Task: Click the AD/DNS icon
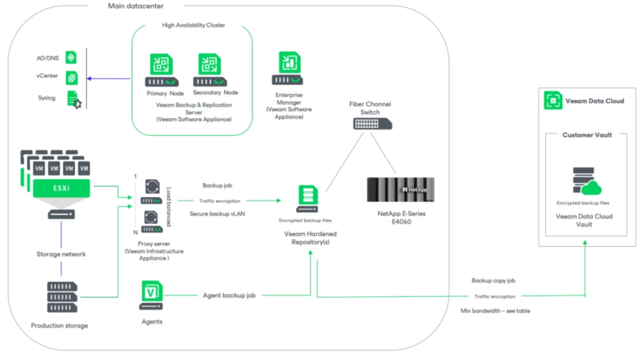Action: pos(71,57)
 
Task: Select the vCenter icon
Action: pos(71,77)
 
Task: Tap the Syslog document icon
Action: pos(73,100)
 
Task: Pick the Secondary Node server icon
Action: pos(210,70)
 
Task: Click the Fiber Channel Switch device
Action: pos(372,125)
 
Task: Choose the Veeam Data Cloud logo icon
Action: pos(553,101)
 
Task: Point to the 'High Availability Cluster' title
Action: pos(193,25)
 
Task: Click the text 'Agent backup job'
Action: pos(229,295)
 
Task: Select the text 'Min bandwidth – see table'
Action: pos(495,310)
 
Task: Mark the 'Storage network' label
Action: pos(61,254)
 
